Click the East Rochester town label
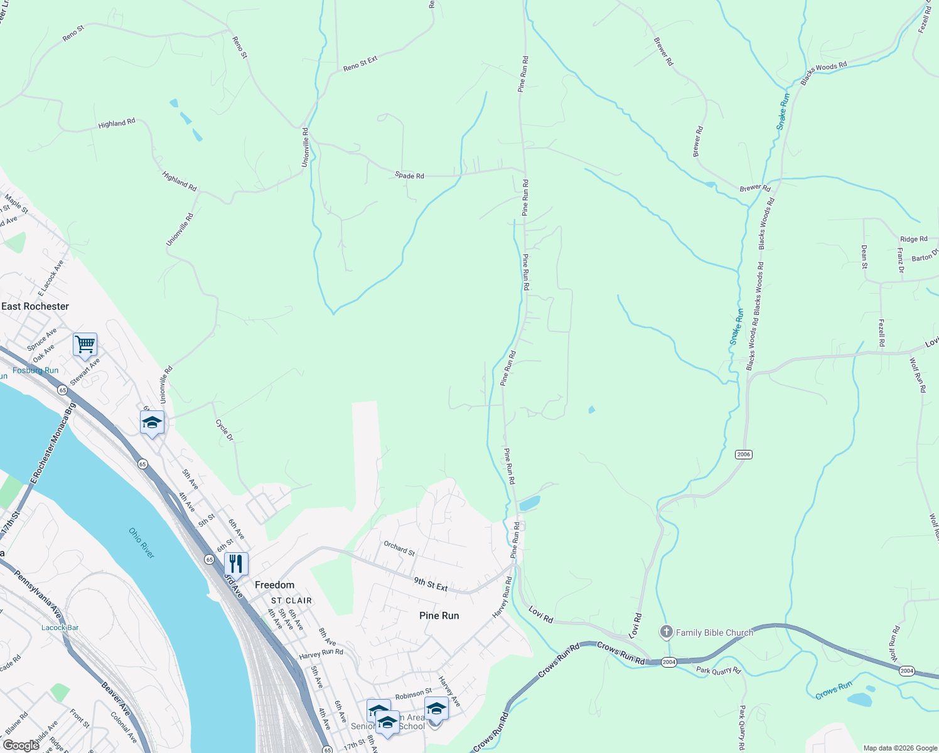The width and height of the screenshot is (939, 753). [35, 306]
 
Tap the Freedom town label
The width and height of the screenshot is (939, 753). [274, 585]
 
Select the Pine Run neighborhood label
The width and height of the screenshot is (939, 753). [439, 616]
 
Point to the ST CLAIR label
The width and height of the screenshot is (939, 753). [291, 601]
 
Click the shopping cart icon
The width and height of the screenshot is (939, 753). [85, 344]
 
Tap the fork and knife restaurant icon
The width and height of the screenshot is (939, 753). [236, 563]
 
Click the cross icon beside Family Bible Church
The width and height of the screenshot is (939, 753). [667, 632]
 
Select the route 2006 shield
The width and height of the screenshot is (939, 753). [744, 454]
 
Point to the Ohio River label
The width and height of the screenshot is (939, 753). [142, 543]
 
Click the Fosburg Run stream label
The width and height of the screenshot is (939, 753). [36, 370]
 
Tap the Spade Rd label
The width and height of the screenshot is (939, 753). [409, 176]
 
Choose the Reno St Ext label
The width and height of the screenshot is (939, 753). [360, 63]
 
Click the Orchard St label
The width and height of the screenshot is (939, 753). [399, 548]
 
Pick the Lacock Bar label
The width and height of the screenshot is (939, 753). [60, 627]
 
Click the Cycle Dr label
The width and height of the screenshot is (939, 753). [224, 430]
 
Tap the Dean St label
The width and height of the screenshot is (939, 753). [864, 257]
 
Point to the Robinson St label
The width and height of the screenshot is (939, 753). [414, 694]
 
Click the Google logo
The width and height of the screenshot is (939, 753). [21, 745]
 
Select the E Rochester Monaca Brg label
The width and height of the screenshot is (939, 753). [53, 443]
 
